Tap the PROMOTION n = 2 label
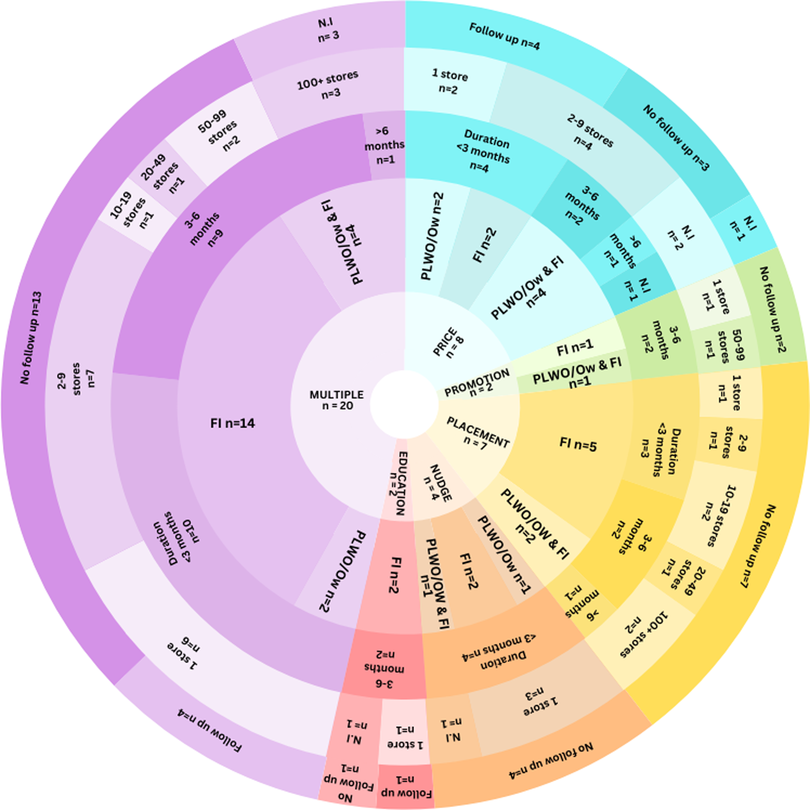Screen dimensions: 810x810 (477, 382)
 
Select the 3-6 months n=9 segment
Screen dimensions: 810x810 (201, 228)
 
